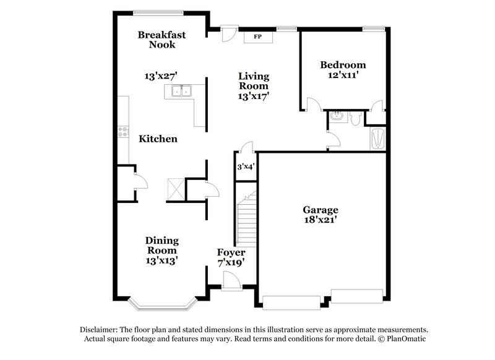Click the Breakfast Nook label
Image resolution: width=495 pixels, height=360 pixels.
click(x=161, y=40)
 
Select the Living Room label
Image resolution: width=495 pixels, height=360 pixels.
click(x=254, y=81)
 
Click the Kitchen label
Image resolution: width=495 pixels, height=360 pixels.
click(x=158, y=139)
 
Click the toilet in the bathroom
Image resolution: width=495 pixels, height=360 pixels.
click(x=355, y=118)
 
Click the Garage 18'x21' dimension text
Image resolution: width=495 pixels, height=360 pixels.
click(x=320, y=219)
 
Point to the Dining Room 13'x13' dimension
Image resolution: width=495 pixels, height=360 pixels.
click(x=162, y=261)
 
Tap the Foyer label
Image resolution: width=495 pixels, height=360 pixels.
click(x=231, y=252)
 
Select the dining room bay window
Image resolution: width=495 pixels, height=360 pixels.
click(x=163, y=304)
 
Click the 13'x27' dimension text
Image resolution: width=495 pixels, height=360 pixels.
click(x=161, y=77)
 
